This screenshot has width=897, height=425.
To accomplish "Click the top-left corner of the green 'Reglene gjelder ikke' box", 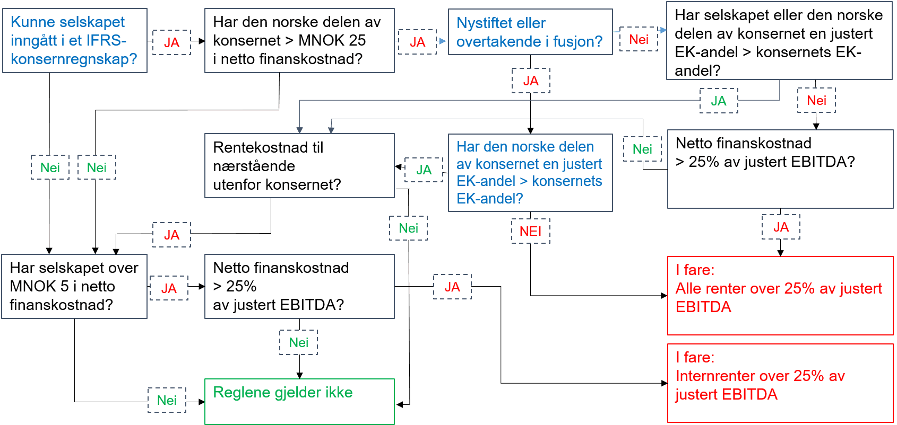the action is pos(205,379).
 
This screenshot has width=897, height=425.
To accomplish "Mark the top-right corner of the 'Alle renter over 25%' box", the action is pos(893,257).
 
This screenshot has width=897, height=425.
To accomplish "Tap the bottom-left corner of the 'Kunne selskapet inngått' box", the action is pos(3,73).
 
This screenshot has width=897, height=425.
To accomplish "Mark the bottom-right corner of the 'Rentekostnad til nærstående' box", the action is pos(394,198).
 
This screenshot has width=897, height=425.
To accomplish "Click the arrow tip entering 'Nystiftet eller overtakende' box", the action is pos(445,41).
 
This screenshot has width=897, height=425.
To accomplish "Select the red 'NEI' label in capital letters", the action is pos(531,231).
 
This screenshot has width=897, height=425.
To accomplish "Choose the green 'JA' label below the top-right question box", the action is pos(719,101).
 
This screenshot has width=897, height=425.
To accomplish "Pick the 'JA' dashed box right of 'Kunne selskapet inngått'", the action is pos(171,42).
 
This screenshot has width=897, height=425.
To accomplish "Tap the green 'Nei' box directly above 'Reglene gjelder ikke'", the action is pos(299,343).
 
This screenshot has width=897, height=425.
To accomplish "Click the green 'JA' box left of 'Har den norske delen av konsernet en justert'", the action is pos(424,170).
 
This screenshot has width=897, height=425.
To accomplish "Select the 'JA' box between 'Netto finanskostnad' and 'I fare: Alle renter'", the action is pos(781,227).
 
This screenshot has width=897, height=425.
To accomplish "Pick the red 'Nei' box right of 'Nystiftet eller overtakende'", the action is pos(639,39).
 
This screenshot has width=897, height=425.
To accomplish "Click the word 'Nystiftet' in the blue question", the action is pos(480,23).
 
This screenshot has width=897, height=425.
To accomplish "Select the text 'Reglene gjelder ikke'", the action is pos(283,393).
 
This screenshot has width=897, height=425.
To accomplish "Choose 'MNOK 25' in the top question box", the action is pos(332,40).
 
